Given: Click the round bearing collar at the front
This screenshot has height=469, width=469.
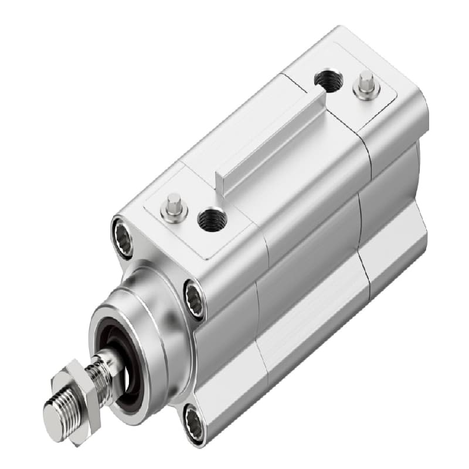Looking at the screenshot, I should (x=147, y=328).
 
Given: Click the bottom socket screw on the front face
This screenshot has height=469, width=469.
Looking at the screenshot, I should (x=193, y=424).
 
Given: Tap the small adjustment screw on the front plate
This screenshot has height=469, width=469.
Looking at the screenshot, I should (x=174, y=206).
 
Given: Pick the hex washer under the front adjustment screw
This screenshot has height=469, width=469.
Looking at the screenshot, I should (x=174, y=213).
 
